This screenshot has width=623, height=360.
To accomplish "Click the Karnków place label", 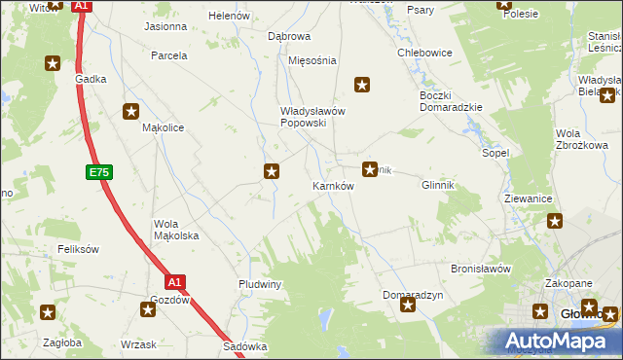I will pos(332,185).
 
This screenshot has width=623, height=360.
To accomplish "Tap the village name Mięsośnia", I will pos(312,60).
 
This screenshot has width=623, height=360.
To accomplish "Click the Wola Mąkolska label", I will pos(176,230).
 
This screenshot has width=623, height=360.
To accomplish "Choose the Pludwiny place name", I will pos(260,284).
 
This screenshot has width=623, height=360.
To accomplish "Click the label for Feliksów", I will pos(79,249).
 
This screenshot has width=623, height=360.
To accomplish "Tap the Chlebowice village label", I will pos(422,53).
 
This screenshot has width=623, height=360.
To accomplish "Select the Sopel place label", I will pos(495,154).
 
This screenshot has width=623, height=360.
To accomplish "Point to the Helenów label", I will pos(230,17).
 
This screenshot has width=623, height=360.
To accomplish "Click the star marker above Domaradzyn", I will pos(408,306).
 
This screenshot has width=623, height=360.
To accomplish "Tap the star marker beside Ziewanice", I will pos(555,221).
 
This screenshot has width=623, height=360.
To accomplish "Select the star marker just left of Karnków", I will pos(273,172).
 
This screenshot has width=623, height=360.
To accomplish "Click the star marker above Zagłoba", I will pos(48,312).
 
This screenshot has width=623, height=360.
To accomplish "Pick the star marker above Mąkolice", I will pos(130,112).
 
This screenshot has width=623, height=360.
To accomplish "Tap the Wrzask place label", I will pos(138,343).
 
